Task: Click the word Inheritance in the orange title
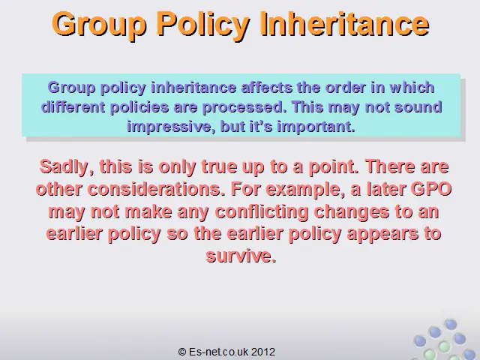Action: [344, 24]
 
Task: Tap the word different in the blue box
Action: [73, 107]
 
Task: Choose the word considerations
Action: [154, 189]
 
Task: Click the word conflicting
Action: [262, 212]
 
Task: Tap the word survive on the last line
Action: [241, 256]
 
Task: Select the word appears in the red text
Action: [382, 235]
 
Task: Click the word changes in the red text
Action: [352, 212]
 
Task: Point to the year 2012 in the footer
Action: [263, 352]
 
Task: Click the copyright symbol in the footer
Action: [182, 352]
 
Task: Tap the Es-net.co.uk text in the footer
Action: [218, 352]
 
